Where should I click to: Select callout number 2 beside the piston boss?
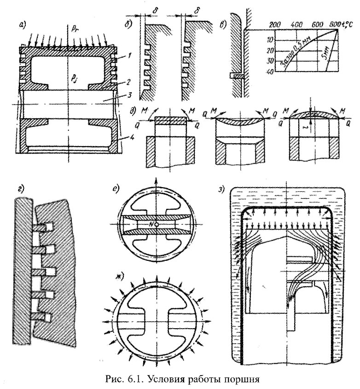click(131, 81)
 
